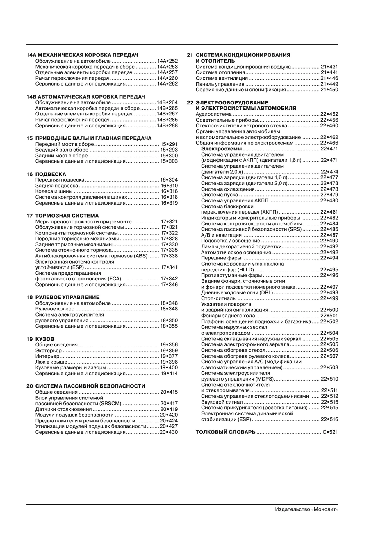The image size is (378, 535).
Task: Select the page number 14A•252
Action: coord(167,61)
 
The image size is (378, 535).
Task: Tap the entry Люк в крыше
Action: coord(51,362)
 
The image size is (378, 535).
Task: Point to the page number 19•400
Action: coord(169,368)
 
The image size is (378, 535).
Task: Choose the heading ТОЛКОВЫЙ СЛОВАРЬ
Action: coord(225,432)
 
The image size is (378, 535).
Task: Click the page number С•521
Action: coord(330,432)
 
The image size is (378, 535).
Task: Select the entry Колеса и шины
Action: coord(54,191)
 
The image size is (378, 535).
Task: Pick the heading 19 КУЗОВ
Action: coord(40,339)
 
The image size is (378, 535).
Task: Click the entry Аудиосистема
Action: coord(213,114)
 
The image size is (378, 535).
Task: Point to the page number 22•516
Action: coord(329,419)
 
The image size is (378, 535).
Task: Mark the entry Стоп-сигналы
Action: coord(219,298)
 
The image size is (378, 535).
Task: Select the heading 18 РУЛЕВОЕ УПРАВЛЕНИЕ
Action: coord(63,297)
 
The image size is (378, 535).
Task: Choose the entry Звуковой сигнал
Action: coord(222,402)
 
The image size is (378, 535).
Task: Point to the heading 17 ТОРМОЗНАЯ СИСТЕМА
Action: coord(63,216)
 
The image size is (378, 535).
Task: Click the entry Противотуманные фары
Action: coord(231,275)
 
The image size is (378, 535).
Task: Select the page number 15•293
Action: coord(169,150)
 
